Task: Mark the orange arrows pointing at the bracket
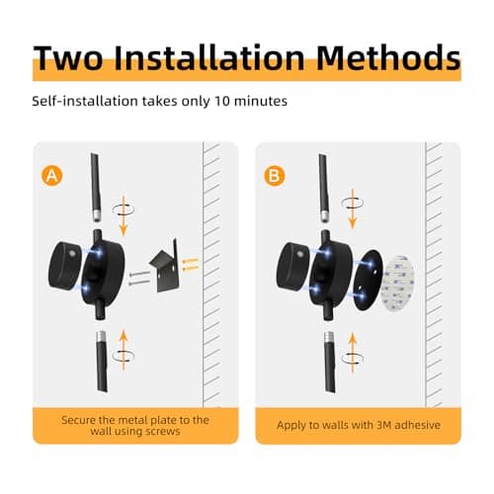click(188, 263)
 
